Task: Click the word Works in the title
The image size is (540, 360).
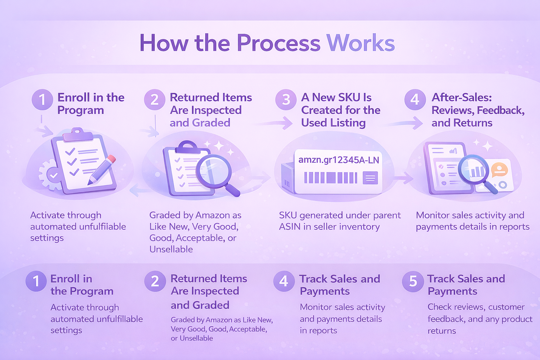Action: [x=360, y=43]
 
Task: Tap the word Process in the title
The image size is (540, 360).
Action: [x=278, y=43]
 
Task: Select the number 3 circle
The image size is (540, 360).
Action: [x=286, y=99]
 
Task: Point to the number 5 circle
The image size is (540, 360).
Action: [x=413, y=281]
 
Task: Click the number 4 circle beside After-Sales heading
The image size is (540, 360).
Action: [x=415, y=99]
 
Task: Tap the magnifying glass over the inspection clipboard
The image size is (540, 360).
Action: [x=214, y=172]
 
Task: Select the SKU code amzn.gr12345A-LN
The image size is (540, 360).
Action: [x=339, y=160]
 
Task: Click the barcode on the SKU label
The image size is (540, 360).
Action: [x=330, y=178]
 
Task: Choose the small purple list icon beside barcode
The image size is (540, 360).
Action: [x=370, y=178]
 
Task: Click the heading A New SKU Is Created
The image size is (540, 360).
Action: [x=340, y=110]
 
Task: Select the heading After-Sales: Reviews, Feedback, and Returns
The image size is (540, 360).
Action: [x=477, y=110]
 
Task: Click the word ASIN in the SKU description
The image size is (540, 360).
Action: [x=290, y=227]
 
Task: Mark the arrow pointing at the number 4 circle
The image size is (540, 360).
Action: [x=408, y=123]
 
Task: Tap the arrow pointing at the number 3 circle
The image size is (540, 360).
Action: [x=278, y=123]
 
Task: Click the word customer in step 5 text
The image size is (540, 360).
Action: [x=506, y=307]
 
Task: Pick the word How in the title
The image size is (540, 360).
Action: [x=163, y=43]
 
